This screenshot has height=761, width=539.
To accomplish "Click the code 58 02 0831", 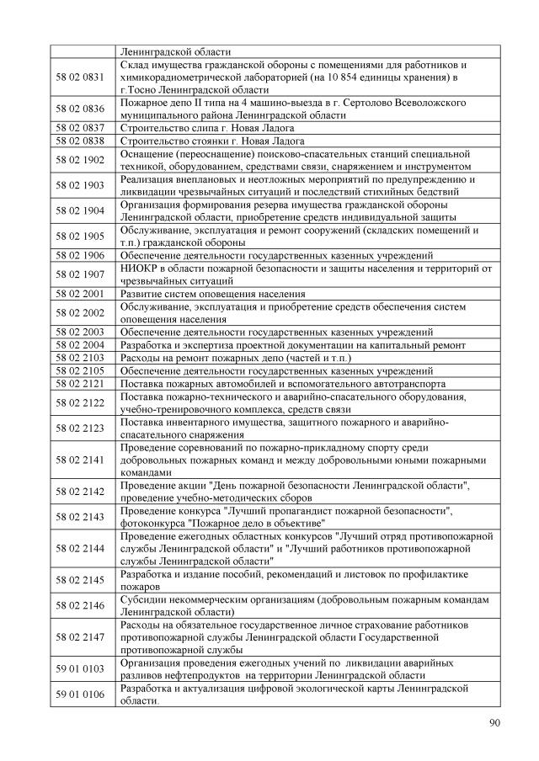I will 80,77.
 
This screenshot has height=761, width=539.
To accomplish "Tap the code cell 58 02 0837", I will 80,128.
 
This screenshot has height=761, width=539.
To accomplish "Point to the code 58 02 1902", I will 80,159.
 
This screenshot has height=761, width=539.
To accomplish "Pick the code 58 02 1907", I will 80,274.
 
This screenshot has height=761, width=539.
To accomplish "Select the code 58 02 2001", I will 80,294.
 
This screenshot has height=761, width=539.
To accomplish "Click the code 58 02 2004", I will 80,345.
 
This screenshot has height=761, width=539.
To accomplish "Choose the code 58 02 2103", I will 80,358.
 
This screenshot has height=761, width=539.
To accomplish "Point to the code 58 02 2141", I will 80,460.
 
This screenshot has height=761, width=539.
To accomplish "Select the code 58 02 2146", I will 80,605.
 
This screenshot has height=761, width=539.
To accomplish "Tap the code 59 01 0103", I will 80,668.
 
